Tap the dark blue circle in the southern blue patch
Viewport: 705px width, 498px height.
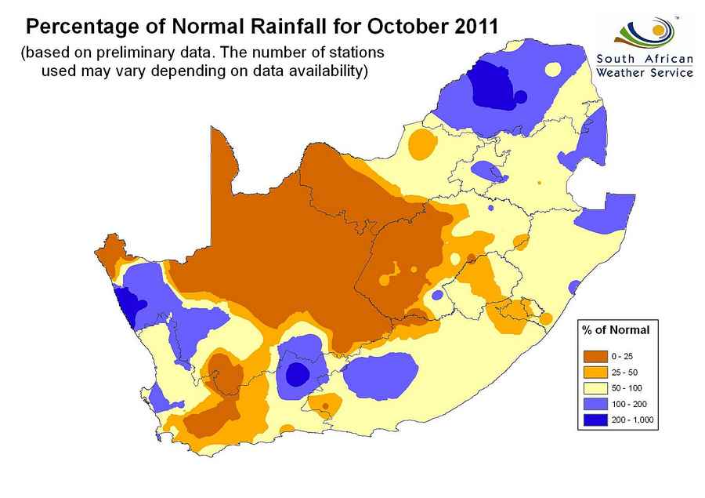pos(297,374)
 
